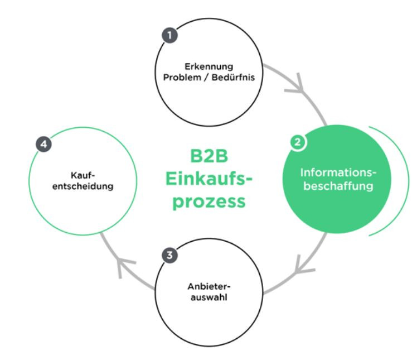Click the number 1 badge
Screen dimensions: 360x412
(x=170, y=35)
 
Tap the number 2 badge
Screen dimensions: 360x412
(x=297, y=142)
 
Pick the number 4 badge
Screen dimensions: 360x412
(x=44, y=144)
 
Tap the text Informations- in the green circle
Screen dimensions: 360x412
(x=337, y=172)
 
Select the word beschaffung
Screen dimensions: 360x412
(x=337, y=186)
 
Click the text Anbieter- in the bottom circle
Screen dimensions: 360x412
(x=209, y=287)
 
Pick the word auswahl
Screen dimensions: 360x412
(x=209, y=297)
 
